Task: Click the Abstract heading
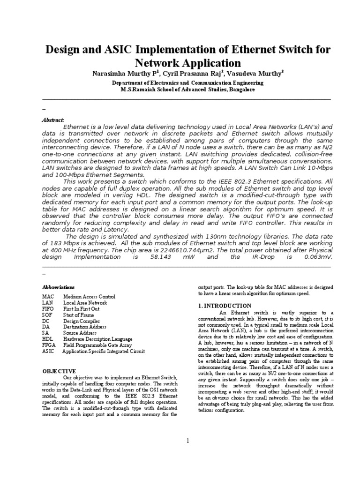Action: (x=53, y=120)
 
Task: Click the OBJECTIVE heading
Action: (x=59, y=370)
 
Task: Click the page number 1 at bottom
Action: (x=187, y=441)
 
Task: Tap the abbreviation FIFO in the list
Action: (x=48, y=309)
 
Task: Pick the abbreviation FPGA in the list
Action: (x=49, y=345)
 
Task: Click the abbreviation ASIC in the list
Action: (x=48, y=351)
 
